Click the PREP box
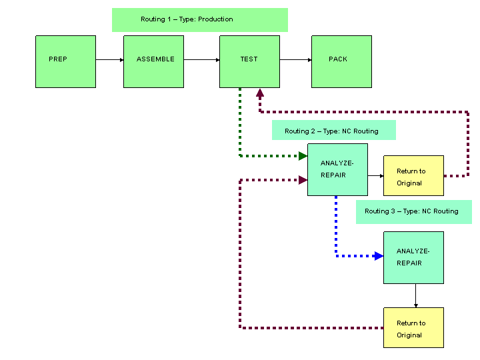coord(65,61)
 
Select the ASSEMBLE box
coord(153,61)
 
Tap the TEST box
coord(249,61)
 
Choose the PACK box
coord(341,61)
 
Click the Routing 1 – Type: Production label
coord(199,19)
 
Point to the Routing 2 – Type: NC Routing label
coord(333,131)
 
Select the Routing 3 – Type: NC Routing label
coord(413,211)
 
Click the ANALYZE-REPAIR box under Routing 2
coord(337,169)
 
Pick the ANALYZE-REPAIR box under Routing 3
coord(413,257)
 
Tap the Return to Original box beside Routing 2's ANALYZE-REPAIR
coord(413,176)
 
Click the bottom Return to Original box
coord(413,327)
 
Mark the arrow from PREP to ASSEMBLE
coord(109,60)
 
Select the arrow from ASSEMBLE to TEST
coord(201,60)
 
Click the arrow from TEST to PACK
coord(295,60)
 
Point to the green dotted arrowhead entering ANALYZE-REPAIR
coord(303,156)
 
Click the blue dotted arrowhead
coord(379,256)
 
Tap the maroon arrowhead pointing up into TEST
coord(260,94)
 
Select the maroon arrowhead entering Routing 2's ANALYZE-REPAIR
coord(303,180)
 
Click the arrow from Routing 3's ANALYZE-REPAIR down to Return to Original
coord(416,295)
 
